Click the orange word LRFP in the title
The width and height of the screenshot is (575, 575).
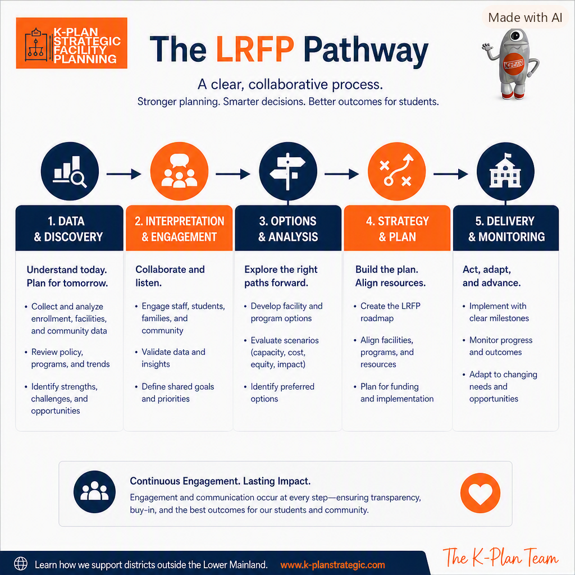[255, 49]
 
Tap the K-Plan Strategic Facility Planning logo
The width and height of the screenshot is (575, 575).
[71, 43]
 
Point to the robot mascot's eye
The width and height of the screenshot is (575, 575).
[515, 36]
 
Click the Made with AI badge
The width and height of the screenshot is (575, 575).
[525, 17]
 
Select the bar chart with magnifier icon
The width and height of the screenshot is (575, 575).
[70, 171]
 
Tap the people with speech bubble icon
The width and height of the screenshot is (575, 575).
[179, 171]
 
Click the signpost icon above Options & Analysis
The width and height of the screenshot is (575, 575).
[288, 171]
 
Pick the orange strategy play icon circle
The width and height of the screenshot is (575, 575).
[397, 171]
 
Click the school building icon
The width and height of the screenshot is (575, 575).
[505, 171]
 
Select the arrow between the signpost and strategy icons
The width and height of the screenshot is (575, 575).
[342, 174]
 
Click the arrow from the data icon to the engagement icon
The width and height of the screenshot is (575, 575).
[124, 174]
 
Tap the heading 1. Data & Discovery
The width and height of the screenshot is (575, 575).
[69, 229]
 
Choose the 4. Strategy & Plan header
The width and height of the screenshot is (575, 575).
[397, 229]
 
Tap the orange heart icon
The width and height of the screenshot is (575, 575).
[480, 493]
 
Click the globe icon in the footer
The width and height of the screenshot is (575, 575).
[21, 564]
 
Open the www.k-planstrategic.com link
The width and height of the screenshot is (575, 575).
[332, 565]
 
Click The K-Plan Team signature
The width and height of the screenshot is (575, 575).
[500, 558]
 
